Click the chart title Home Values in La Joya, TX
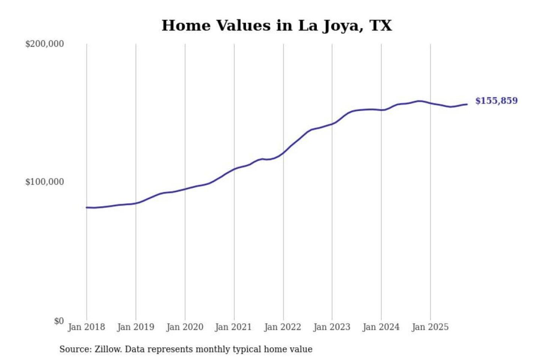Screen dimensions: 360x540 277,25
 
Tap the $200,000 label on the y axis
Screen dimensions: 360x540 45,44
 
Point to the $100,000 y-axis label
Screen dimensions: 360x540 45,182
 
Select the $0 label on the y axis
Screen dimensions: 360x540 59,321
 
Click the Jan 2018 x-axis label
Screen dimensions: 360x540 86,327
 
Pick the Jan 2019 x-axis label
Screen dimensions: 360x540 135,327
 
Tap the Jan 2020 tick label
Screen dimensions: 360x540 184,327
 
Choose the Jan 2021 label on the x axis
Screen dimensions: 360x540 233,327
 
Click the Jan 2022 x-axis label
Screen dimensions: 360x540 282,327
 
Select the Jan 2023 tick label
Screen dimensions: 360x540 331,327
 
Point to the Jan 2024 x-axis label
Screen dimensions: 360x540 381,327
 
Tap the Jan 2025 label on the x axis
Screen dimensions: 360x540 430,327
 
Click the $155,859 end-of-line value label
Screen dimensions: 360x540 496,100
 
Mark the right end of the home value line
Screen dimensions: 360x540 467,104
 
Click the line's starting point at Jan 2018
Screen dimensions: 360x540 87,207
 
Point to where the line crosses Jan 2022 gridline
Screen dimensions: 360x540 283,152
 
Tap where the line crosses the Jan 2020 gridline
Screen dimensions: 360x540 185,189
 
